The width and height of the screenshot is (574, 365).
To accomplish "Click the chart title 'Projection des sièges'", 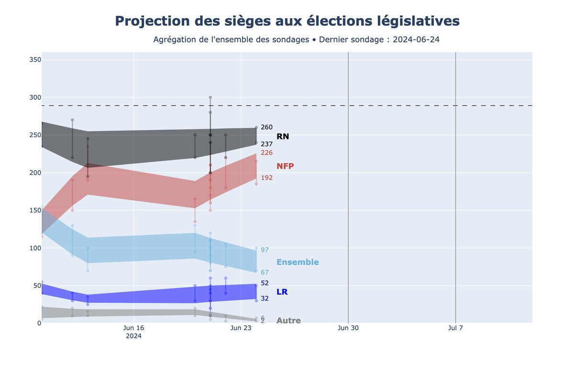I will coord(287,21).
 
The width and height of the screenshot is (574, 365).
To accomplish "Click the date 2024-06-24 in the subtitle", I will coord(416,40).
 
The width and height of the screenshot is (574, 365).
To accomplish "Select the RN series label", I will coord(283,137).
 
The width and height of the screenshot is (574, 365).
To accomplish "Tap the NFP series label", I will coord(285,166).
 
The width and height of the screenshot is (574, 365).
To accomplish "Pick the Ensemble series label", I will coord(298,262).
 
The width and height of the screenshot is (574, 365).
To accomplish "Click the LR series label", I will coord(282,292).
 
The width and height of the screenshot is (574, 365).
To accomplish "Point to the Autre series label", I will coord(288,321).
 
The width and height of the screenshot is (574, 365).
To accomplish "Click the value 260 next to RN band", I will coord(266,127).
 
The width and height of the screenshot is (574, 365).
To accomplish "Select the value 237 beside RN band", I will coord(266,144).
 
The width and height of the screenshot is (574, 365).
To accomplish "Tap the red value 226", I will coord(266,153).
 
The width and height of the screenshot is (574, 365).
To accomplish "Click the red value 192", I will coord(266,178).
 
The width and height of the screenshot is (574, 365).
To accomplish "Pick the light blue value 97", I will coord(265,250).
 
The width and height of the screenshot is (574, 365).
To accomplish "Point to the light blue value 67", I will coord(265,272).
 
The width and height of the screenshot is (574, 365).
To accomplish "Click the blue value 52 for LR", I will coord(265,283).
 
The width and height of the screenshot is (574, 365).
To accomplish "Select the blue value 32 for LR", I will coord(265,299).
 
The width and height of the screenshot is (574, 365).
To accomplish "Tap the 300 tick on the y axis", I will coord(35,97).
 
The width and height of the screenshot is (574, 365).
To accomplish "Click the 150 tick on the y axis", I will coord(35,210).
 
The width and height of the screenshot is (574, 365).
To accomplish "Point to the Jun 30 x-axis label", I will coord(348,328).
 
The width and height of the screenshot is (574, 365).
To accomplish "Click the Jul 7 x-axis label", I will coord(455,328).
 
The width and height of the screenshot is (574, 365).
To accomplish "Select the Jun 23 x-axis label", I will coord(241,328).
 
